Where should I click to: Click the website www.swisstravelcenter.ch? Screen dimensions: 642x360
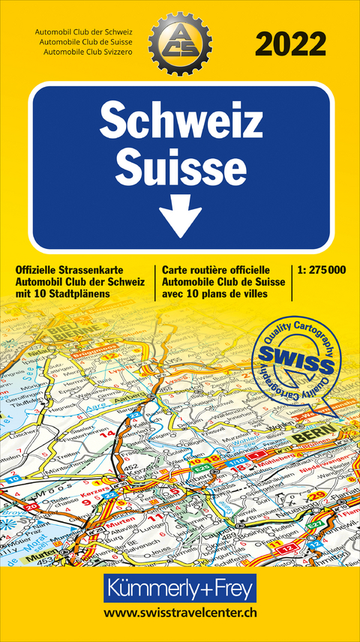point(179,613)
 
